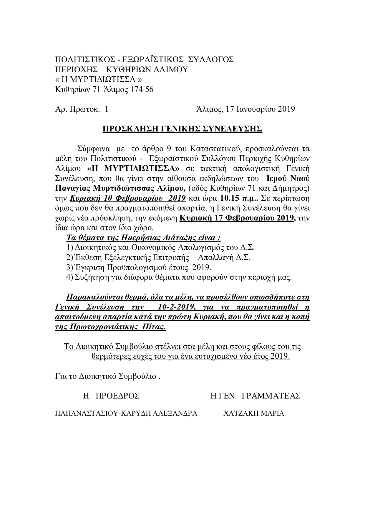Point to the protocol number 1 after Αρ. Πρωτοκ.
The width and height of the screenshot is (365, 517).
(106, 109)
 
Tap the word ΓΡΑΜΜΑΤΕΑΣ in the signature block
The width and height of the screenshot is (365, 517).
(271, 396)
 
